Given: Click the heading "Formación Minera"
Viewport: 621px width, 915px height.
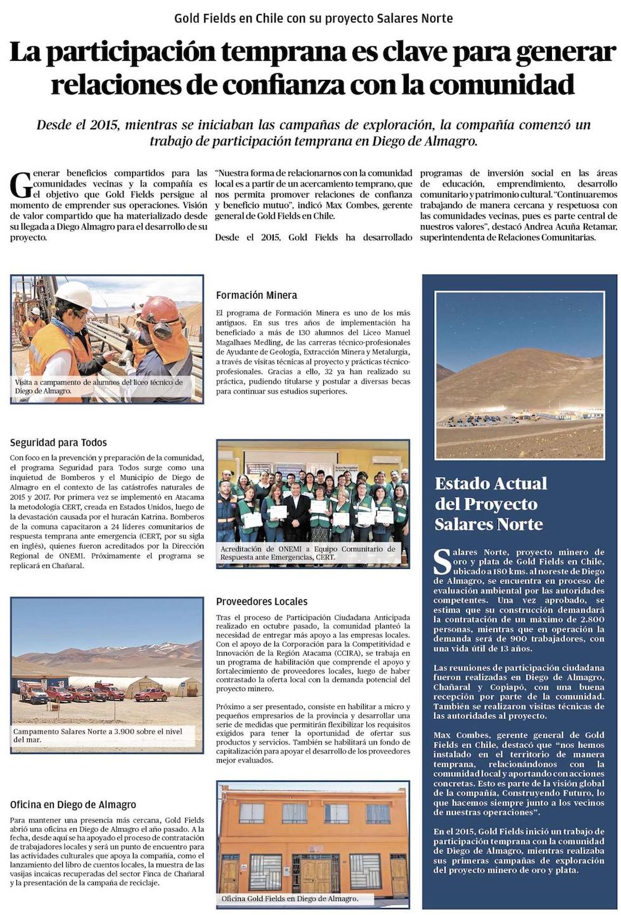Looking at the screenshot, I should click(256, 295).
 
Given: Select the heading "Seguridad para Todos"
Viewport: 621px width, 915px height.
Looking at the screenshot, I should click(58, 443).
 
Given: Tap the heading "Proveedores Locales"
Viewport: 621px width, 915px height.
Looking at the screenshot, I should click(261, 601).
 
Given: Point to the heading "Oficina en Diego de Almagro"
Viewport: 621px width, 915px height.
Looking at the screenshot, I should click(73, 805).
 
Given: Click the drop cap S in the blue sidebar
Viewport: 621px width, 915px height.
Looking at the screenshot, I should click(442, 561).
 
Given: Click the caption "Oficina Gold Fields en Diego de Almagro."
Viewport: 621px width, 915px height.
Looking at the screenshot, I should click(290, 899).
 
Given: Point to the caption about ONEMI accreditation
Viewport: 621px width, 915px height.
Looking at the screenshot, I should click(307, 553).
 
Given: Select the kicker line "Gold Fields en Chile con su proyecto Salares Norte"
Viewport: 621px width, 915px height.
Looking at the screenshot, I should click(314, 18).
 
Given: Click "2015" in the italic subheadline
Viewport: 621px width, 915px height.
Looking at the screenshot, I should click(104, 125).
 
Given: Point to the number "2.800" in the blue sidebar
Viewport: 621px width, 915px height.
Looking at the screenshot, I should click(592, 620).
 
